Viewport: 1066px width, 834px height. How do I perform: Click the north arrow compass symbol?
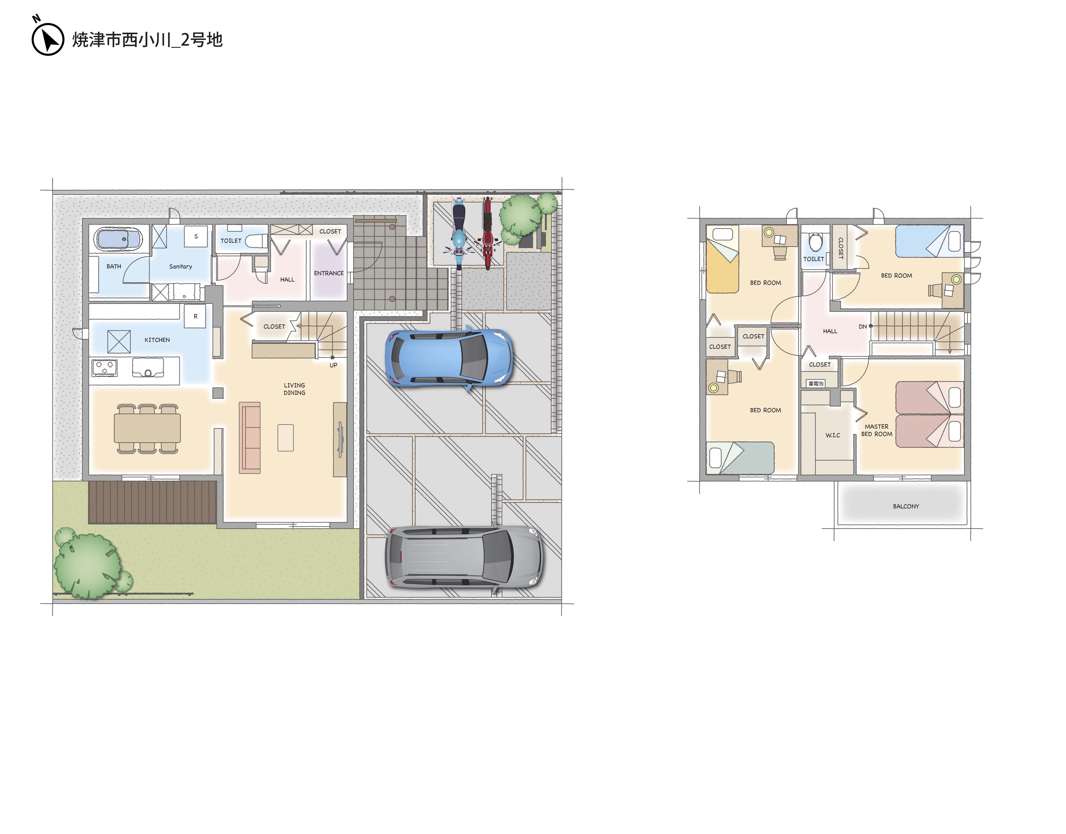pyautogui.click(x=47, y=38)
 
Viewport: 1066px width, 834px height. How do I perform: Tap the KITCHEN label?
pyautogui.click(x=157, y=340)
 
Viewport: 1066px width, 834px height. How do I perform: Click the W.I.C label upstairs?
pyautogui.click(x=833, y=435)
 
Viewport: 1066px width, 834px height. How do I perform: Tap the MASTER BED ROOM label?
pyautogui.click(x=876, y=430)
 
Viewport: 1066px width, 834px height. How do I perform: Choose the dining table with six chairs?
pyautogui.click(x=147, y=428)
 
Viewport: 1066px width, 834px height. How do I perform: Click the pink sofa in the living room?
pyautogui.click(x=250, y=437)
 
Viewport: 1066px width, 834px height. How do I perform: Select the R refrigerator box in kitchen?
pyautogui.click(x=196, y=316)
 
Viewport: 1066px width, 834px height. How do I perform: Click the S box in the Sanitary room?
pyautogui.click(x=196, y=236)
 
